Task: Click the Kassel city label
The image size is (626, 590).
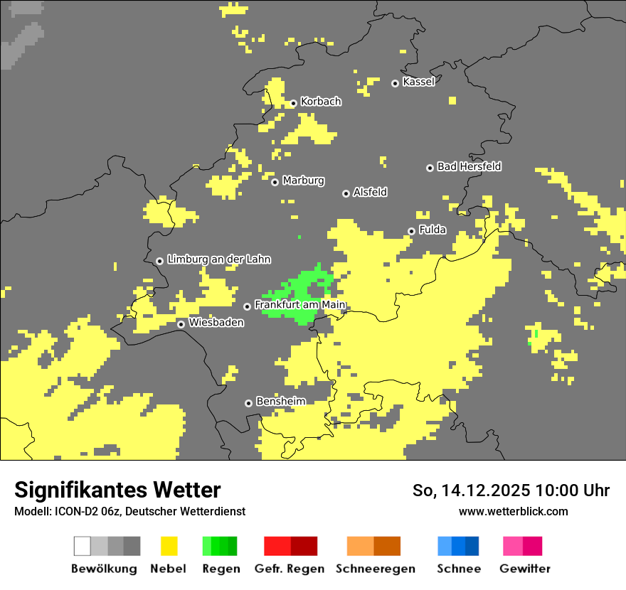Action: pyautogui.click(x=418, y=82)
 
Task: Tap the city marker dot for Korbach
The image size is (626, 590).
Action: pyautogui.click(x=293, y=103)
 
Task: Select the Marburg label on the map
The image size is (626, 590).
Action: pyautogui.click(x=303, y=181)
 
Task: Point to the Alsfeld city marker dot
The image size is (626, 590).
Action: pyautogui.click(x=346, y=193)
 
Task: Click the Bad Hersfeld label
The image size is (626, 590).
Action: pyautogui.click(x=469, y=166)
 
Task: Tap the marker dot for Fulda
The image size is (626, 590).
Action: pyautogui.click(x=411, y=231)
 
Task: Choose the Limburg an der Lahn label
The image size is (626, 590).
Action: pyautogui.click(x=219, y=259)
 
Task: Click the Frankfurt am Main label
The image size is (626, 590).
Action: pyautogui.click(x=300, y=305)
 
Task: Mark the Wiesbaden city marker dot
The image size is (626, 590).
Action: pyautogui.click(x=181, y=324)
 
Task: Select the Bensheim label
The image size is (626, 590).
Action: pyautogui.click(x=280, y=401)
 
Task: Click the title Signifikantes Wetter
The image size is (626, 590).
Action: pyautogui.click(x=117, y=490)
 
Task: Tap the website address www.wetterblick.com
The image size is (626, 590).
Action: pyautogui.click(x=514, y=511)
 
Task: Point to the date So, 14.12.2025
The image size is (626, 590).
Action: pyautogui.click(x=472, y=490)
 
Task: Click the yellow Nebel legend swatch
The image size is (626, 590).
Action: pyautogui.click(x=169, y=546)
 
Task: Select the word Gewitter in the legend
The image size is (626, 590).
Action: pyautogui.click(x=525, y=569)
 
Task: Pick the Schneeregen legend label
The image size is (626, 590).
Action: pyautogui.click(x=376, y=569)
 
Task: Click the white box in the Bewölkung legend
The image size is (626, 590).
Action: pyautogui.click(x=83, y=546)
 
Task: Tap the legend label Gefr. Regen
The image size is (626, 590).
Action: pyautogui.click(x=290, y=569)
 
